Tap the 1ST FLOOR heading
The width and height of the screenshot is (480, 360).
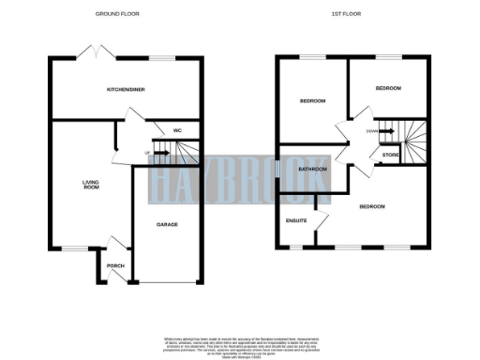point(348,15)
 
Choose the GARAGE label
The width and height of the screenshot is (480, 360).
point(167,225)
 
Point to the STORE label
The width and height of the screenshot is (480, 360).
point(390,154)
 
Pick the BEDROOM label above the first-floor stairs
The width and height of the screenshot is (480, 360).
point(388,88)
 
